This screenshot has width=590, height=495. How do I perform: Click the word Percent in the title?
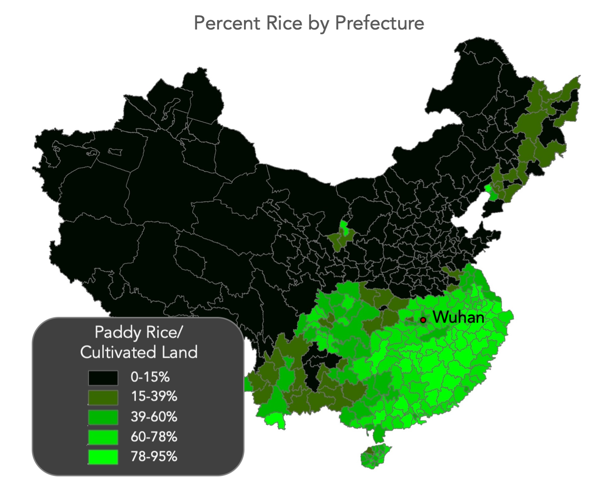coord(228,23)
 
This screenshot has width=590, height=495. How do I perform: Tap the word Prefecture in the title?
coord(379,23)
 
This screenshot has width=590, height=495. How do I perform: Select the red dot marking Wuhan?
coord(423,320)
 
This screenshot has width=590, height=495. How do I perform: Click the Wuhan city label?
coord(459,317)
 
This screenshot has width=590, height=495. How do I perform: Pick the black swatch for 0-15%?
coord(103,378)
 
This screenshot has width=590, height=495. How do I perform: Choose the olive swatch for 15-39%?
coord(103,398)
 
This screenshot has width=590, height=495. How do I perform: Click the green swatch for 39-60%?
coord(103,417)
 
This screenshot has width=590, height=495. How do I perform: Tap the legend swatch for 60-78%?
coord(103,437)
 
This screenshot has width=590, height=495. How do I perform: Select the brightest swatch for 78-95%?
coord(103,457)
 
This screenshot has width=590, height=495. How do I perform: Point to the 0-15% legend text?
coord(150,377)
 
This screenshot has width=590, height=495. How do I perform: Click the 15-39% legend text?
coord(154,397)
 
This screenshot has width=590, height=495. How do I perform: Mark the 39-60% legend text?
coord(154,417)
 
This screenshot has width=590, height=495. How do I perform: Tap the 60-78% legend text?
coord(154,436)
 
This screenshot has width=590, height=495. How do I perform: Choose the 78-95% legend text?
coord(154,457)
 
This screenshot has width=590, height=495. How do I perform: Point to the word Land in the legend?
coord(179,352)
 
